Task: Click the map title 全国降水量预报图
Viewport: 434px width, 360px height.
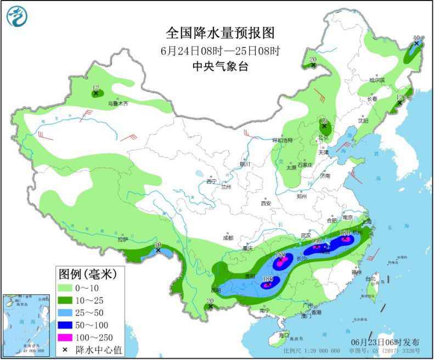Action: point(219,33)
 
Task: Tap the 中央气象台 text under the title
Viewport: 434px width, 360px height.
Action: point(219,66)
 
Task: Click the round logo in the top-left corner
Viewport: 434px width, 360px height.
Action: point(17,17)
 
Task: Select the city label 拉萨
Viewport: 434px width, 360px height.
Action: point(122,239)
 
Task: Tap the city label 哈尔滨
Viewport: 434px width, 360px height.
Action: point(377,80)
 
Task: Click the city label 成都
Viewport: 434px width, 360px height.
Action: point(228,238)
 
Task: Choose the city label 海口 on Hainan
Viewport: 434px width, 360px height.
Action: point(283,335)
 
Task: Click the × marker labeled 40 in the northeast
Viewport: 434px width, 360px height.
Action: point(416,43)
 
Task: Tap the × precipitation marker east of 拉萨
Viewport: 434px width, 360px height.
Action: point(158,250)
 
